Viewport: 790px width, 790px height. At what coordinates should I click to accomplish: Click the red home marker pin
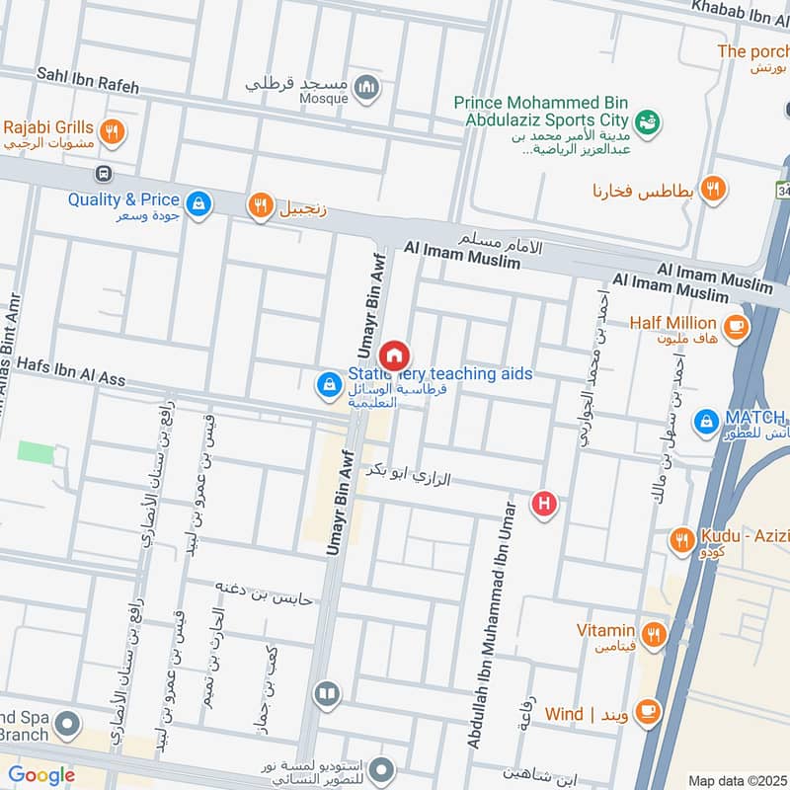point(395,355)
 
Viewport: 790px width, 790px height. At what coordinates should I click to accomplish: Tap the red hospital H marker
point(543,505)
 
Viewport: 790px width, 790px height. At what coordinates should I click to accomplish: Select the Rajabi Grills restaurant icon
point(114,130)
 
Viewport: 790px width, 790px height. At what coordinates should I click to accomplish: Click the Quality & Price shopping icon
point(199,203)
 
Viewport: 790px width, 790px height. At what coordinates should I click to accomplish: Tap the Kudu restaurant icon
point(680,539)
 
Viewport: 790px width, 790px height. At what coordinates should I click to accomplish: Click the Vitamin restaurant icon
point(653,632)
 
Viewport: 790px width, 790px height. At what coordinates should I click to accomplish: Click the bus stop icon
point(102,174)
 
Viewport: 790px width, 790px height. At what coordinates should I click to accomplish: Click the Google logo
point(41,775)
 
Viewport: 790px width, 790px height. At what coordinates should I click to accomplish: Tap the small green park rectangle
point(36,452)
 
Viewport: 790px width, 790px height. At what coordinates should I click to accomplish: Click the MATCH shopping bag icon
point(706,422)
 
